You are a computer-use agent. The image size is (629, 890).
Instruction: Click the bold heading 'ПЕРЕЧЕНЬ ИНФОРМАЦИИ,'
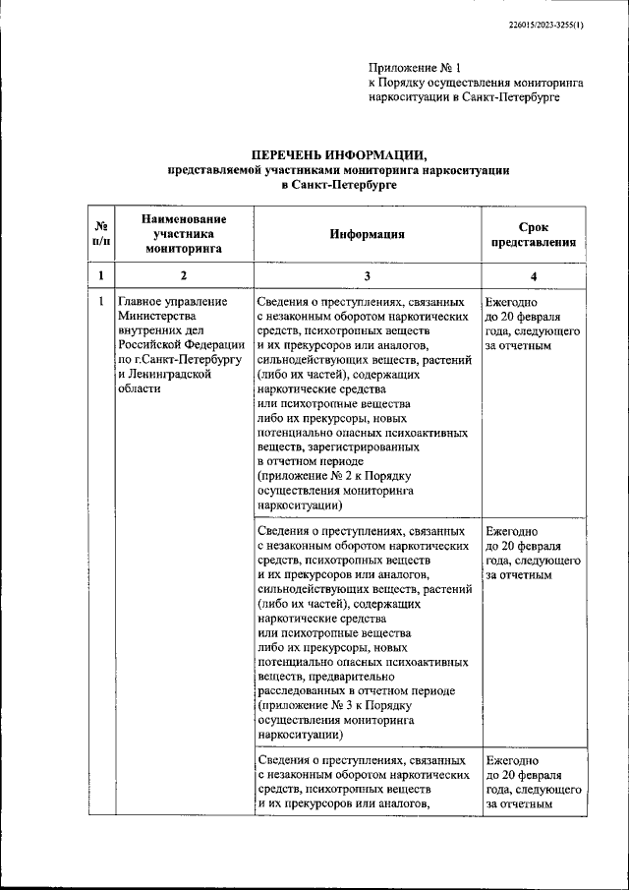[x=338, y=155]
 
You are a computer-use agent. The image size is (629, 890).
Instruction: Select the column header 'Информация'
[x=367, y=234]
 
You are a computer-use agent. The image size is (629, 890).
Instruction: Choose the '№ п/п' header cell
[x=100, y=234]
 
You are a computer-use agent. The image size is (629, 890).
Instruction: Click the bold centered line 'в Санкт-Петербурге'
[x=338, y=185]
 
